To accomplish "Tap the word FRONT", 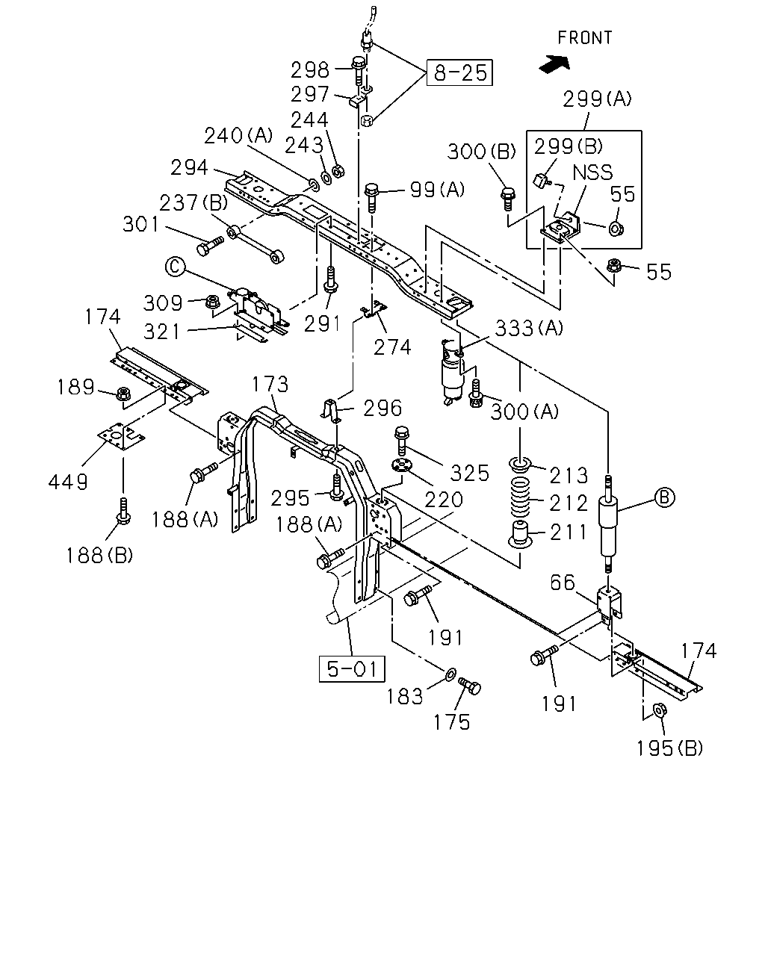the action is pos(585,38).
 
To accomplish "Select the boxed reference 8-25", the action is pos(459,72).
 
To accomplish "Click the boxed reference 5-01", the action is pos(352,668).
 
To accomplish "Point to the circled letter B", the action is pos(664,497).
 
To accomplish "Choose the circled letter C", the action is pos(175,267).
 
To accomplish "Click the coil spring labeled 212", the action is pos(519,497).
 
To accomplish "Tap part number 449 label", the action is pos(68,482).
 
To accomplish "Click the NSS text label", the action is pos(592,173).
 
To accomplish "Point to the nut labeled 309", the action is pos(212,302).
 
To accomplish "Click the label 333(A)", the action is pos(529,329).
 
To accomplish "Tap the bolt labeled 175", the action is pos(469,686).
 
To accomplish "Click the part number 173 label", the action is pos(270,384).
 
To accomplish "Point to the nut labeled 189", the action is pos(123,394).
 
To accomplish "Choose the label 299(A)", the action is pos(597,99).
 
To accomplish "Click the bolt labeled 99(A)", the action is pos(371,198).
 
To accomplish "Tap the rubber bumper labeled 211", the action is pos(520,535).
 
